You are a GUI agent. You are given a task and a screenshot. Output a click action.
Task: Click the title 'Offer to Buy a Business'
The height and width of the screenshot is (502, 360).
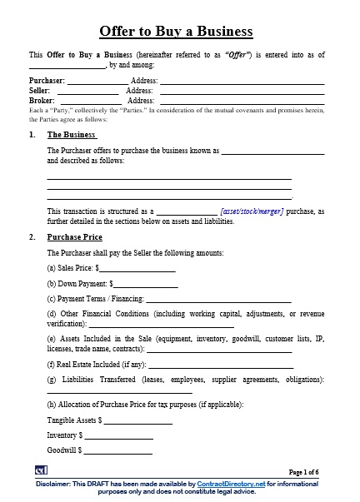click(x=176, y=32)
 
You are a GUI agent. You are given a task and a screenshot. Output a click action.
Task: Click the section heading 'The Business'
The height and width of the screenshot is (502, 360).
click(x=72, y=134)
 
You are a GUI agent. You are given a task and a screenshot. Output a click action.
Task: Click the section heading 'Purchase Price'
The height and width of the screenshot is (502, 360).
click(x=74, y=237)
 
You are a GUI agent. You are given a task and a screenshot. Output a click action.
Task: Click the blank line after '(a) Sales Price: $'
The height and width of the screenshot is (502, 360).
click(x=137, y=268)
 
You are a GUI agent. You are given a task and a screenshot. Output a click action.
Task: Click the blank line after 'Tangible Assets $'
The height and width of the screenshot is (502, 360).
click(x=137, y=420)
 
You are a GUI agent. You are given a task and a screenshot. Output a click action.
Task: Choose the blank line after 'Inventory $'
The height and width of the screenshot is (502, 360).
click(x=118, y=435)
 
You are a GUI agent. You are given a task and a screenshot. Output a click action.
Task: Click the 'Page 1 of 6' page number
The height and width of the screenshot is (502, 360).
click(x=303, y=472)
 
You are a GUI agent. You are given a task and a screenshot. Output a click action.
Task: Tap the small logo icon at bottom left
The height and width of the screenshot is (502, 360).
click(x=40, y=471)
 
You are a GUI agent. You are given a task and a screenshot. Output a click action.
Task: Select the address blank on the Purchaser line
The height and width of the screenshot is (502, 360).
click(x=241, y=81)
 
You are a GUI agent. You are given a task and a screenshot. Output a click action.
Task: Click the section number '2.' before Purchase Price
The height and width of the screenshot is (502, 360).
click(x=32, y=237)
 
